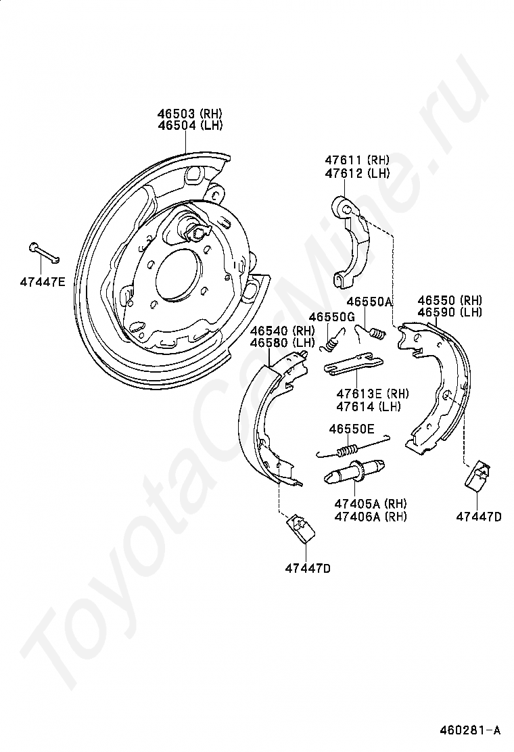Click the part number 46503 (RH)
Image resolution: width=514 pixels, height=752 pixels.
point(189,114)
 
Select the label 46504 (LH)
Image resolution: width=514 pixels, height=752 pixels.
point(189,125)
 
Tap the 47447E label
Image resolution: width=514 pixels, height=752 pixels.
point(43,281)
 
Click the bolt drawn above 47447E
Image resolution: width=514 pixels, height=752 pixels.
point(45,253)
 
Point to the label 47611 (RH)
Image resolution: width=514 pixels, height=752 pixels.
point(356,160)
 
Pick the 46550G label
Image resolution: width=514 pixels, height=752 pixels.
point(332,317)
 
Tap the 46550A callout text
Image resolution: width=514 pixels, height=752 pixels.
point(369,302)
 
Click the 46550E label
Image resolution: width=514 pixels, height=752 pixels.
point(351,429)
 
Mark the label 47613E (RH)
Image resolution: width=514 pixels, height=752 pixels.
point(372,394)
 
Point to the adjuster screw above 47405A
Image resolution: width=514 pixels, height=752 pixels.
point(356,473)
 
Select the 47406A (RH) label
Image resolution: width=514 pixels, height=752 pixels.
point(370,517)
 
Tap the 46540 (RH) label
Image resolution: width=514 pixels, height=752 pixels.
point(283,331)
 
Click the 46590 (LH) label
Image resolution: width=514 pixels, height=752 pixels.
point(449,312)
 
